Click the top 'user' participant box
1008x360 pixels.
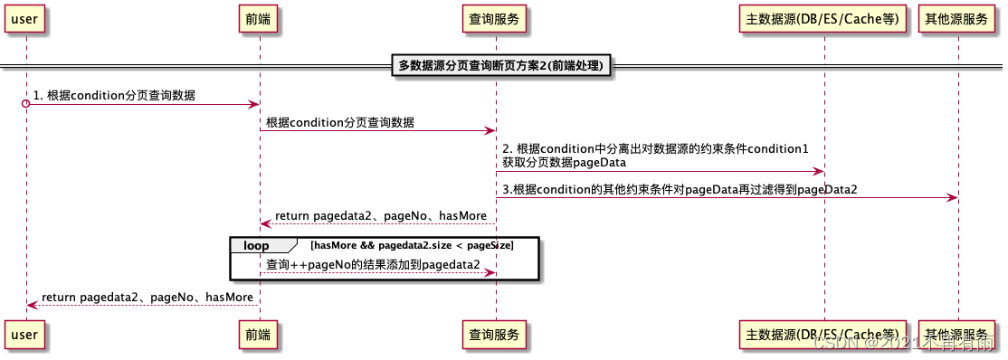(x=25, y=18)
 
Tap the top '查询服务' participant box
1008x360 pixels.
(x=495, y=18)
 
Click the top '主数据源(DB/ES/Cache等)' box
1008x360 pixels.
(x=823, y=18)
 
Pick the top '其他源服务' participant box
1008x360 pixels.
(x=957, y=18)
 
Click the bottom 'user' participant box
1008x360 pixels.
(x=25, y=335)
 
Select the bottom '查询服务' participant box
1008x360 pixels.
(x=495, y=335)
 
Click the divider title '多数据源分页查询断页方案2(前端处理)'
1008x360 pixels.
(x=501, y=65)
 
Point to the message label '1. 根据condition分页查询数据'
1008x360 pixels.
(x=114, y=95)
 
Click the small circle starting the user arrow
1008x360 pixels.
(x=26, y=105)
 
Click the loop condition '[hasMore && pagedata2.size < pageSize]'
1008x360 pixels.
(x=412, y=245)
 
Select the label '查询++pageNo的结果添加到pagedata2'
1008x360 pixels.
(x=373, y=263)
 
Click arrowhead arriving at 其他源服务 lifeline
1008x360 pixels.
(x=952, y=197)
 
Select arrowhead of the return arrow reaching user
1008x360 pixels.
(x=32, y=306)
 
